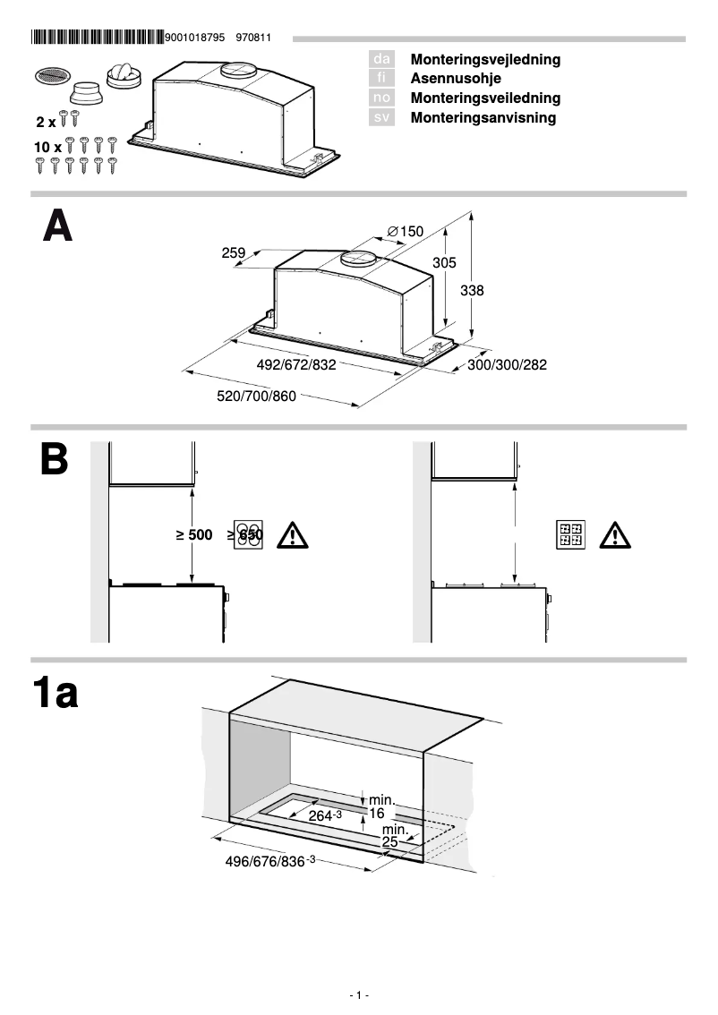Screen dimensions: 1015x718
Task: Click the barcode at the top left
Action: (98, 38)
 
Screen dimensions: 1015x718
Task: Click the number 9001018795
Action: (196, 38)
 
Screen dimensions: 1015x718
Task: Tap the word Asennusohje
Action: (457, 79)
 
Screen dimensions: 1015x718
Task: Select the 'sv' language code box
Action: (381, 117)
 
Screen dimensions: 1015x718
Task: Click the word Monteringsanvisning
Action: (483, 117)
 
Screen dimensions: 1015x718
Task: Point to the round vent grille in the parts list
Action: (50, 77)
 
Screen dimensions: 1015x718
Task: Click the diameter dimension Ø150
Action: (405, 232)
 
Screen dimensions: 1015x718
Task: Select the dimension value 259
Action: (233, 253)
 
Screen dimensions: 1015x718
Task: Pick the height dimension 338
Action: (472, 291)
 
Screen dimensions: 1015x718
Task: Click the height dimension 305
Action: (444, 263)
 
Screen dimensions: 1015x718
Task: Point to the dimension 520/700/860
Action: (257, 397)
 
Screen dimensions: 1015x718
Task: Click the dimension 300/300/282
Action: (507, 365)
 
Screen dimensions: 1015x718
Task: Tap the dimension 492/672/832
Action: (295, 365)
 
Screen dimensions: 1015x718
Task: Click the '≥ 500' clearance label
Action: (194, 535)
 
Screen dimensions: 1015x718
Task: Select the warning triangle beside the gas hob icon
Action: (615, 535)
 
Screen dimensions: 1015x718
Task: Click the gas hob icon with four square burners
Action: (570, 535)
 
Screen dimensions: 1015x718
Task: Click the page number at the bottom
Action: (359, 995)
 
